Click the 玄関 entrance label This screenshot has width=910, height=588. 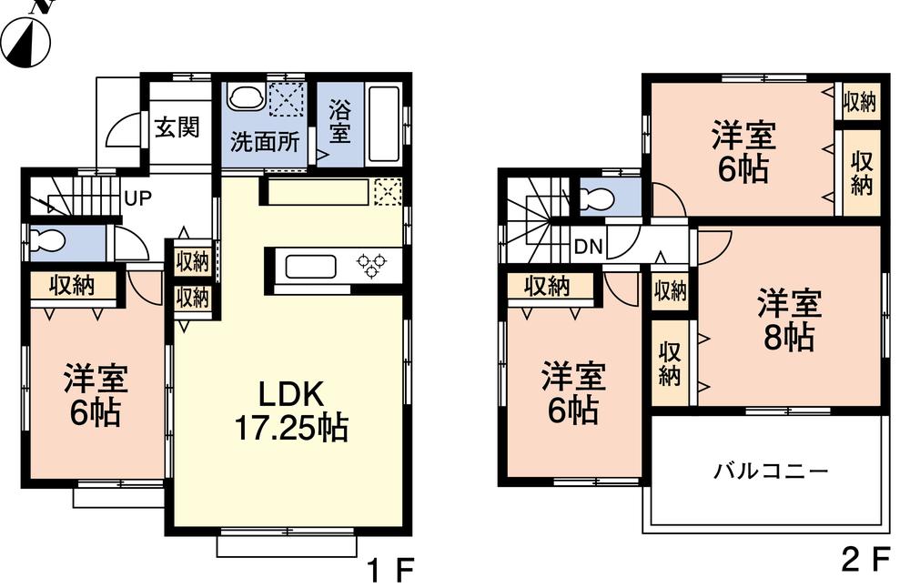point(176,127)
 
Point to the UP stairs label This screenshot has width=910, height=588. point(137,198)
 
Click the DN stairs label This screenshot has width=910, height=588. point(587,246)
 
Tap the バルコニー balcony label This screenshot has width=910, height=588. point(770,471)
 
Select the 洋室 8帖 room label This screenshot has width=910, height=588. point(789,320)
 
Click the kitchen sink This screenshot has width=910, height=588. point(309,267)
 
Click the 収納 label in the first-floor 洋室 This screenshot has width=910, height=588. point(72,285)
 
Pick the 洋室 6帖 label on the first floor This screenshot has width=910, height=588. point(96,396)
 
